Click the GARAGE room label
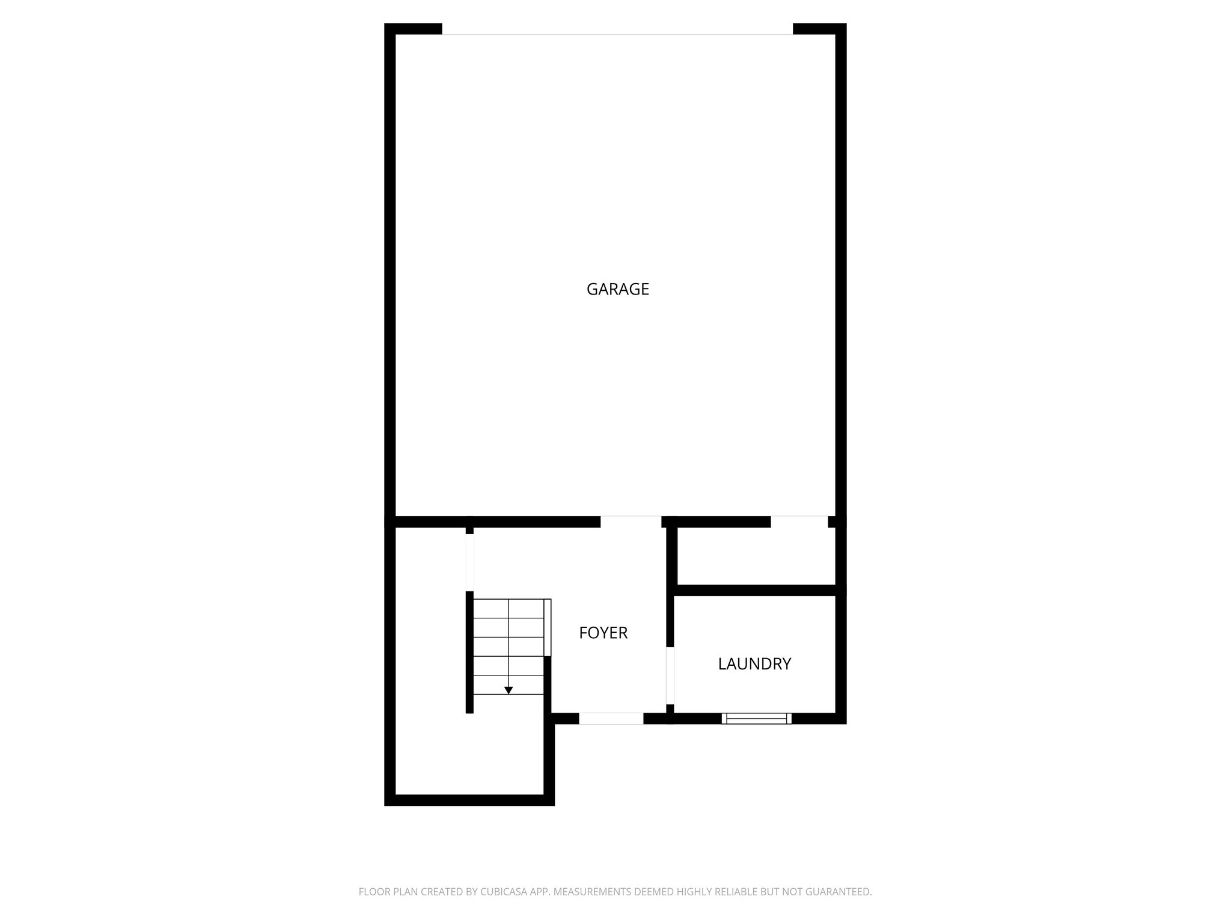(617, 289)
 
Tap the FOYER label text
(603, 633)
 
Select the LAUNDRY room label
(754, 664)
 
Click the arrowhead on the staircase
(509, 690)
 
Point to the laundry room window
(756, 718)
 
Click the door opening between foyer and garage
(631, 522)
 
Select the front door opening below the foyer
(611, 718)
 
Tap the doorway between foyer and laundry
(670, 675)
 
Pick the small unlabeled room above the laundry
(756, 556)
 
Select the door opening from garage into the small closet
(799, 522)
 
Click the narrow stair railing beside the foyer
(547, 627)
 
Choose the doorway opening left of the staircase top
(469, 562)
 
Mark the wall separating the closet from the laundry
(756, 590)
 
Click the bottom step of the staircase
(509, 703)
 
